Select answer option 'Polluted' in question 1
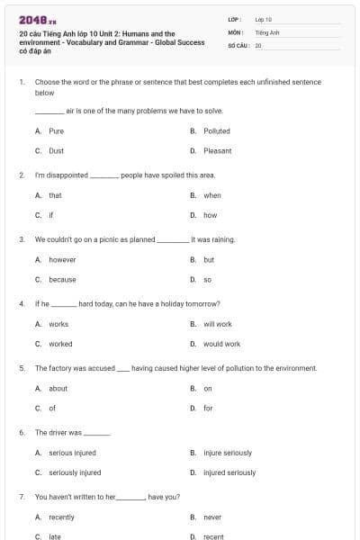[216, 130]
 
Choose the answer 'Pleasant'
[217, 151]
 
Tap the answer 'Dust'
[56, 151]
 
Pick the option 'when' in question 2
[211, 195]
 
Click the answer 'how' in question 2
[210, 215]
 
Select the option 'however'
[62, 259]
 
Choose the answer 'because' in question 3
[62, 279]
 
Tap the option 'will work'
[217, 324]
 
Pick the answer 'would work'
[221, 344]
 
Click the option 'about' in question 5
[58, 389]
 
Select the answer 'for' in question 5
[208, 409]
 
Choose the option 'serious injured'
[72, 453]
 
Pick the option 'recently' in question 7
[61, 517]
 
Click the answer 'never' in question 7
[212, 517]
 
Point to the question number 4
[21, 303]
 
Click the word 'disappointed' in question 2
[68, 175]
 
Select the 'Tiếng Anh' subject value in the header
[267, 31]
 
